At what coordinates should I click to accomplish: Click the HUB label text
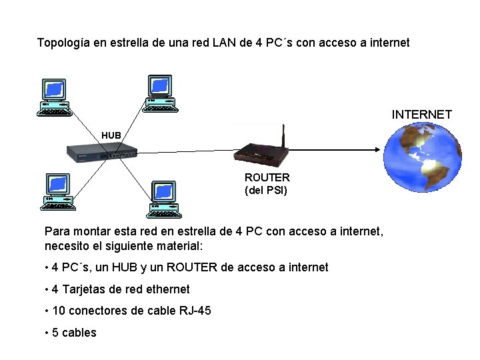[111, 135]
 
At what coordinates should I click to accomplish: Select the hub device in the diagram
[102, 153]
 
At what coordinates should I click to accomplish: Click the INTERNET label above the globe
[421, 115]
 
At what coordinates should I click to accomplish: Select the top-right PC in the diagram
[161, 93]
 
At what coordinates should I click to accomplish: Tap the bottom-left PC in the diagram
[58, 191]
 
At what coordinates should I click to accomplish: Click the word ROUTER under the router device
[267, 178]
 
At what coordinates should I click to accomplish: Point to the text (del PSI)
[266, 190]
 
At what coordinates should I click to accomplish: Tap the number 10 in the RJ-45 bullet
[58, 310]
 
